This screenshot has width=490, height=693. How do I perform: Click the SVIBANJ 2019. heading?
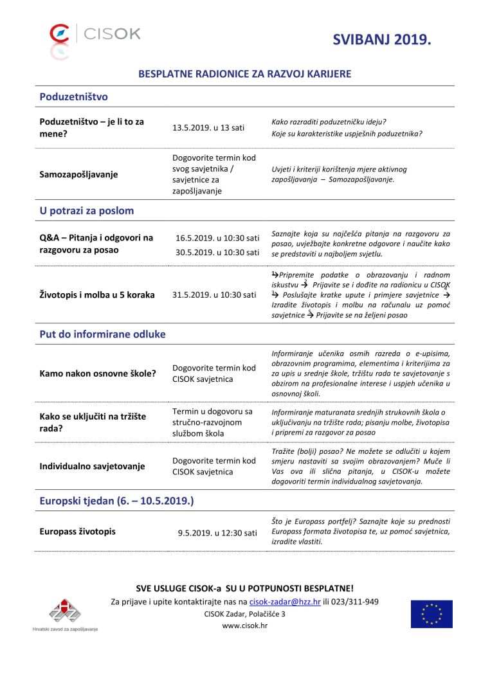[x=381, y=40]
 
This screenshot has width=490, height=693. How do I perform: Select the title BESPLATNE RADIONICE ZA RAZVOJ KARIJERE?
[x=244, y=74]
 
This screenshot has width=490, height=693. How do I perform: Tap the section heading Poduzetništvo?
[x=73, y=97]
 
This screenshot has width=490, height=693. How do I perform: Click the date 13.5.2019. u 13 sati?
[x=208, y=127]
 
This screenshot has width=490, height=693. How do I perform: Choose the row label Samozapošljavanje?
[x=78, y=174]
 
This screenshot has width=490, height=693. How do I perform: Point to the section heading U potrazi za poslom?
[x=86, y=210]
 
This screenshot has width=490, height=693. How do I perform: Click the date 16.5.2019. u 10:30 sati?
[x=217, y=238]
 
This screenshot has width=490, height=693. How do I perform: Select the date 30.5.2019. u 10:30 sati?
[x=217, y=252]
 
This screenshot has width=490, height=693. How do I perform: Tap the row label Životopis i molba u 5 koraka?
[x=97, y=294]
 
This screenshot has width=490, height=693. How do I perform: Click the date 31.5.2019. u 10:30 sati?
[x=214, y=294]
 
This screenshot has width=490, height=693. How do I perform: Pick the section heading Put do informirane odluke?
[x=102, y=334]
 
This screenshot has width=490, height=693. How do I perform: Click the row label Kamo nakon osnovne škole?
[x=97, y=373]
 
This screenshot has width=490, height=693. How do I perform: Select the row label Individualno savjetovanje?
[x=92, y=466]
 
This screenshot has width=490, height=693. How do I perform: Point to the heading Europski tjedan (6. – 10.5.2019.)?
[x=116, y=500]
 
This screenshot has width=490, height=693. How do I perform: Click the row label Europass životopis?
[x=78, y=532]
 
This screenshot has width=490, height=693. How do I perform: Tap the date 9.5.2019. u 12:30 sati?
[x=217, y=533]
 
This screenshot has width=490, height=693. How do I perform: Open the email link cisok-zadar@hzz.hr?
[x=284, y=602]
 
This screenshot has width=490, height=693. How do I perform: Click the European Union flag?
[x=431, y=614]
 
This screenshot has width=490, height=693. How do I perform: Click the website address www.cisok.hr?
[x=244, y=625]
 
